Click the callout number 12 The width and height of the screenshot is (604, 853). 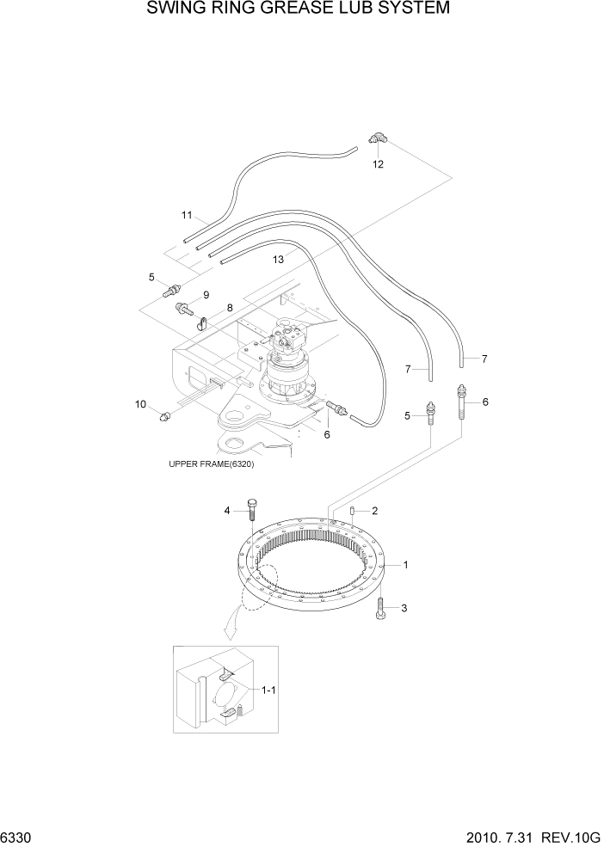pyautogui.click(x=377, y=163)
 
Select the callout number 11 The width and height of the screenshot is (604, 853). pyautogui.click(x=186, y=214)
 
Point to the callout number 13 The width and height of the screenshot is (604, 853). pyautogui.click(x=278, y=259)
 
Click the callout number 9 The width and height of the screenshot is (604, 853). pyautogui.click(x=206, y=295)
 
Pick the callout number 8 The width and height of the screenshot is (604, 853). pyautogui.click(x=230, y=308)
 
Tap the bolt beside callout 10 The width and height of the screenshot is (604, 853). pyautogui.click(x=164, y=416)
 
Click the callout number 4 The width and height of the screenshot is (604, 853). pyautogui.click(x=228, y=511)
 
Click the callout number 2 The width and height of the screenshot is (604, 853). pyautogui.click(x=374, y=511)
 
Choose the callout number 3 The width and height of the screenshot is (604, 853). pyautogui.click(x=404, y=608)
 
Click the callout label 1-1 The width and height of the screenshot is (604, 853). pyautogui.click(x=268, y=690)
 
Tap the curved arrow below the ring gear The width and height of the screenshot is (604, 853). pyautogui.click(x=231, y=629)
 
